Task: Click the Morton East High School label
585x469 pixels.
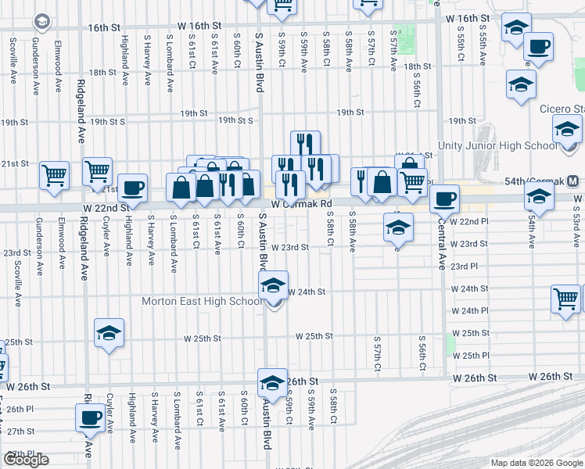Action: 202,301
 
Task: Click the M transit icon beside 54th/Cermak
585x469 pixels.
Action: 575,181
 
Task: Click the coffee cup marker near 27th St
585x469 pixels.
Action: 91,417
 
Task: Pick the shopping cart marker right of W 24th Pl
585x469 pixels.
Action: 566,299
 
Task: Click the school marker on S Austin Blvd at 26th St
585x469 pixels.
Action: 272,382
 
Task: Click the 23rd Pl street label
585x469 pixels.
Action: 464,266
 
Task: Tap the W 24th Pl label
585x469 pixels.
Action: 470,311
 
